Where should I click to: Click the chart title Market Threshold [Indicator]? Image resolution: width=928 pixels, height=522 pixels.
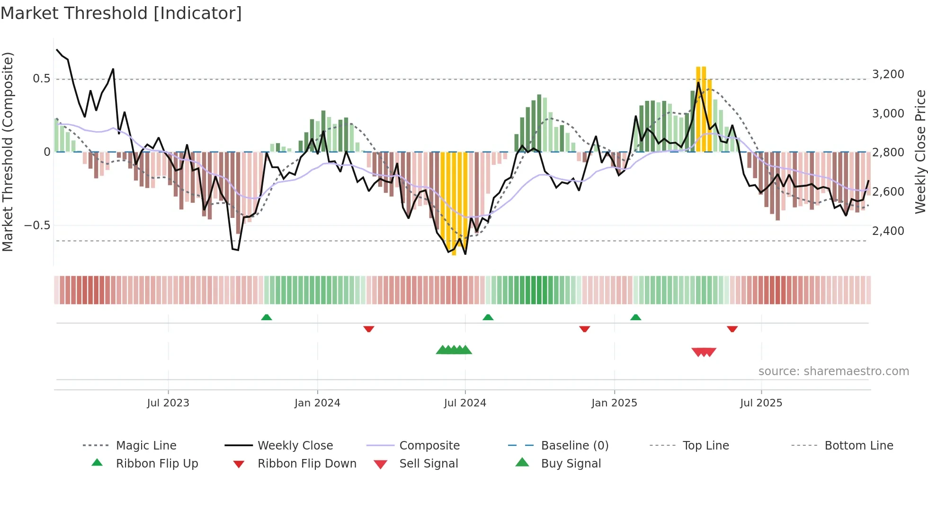[121, 13]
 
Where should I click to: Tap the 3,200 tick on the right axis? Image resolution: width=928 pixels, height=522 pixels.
[888, 74]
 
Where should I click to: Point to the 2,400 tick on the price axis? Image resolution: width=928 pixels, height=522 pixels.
[888, 231]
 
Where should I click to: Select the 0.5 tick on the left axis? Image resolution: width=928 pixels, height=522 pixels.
[41, 79]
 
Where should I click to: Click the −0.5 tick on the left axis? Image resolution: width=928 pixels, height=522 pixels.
[37, 225]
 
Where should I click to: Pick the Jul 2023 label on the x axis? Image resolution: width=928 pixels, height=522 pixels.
[168, 403]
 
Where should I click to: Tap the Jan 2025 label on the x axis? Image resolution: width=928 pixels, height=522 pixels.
[614, 403]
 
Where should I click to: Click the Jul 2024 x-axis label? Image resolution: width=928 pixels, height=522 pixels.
[465, 403]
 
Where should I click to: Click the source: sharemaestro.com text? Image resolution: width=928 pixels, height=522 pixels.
[833, 371]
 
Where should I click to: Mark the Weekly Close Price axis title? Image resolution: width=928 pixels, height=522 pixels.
[920, 152]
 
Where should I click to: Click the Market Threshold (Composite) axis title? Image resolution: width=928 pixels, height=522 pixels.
[8, 152]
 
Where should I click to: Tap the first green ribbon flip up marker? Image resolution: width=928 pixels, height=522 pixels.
[267, 317]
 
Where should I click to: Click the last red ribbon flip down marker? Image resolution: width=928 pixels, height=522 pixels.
[732, 329]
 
